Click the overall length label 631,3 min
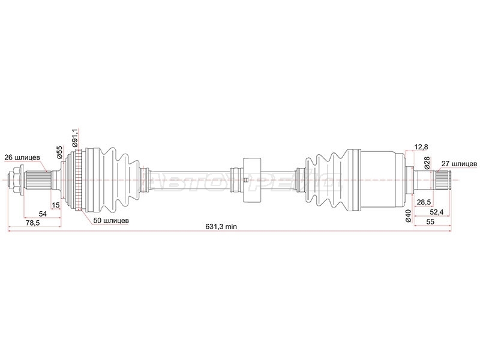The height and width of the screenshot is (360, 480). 221,227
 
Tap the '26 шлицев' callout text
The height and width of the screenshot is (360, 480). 22,158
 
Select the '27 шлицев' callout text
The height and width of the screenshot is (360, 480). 459,164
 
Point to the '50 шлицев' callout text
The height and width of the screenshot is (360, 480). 111,220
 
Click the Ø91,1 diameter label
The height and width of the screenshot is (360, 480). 74,137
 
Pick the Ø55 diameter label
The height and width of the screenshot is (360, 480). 59,152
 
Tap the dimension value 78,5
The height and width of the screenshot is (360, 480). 33,223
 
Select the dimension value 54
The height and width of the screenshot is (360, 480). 43,214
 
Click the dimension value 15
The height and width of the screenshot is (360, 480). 56,205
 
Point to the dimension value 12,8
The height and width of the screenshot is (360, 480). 421,147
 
